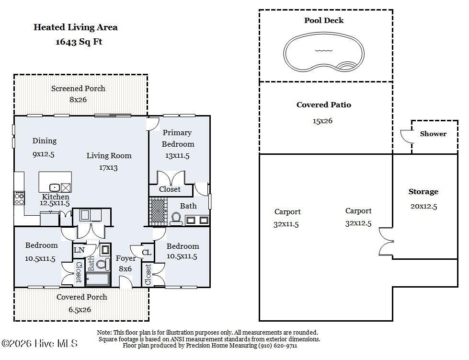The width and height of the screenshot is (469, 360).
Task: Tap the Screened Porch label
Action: [78, 88]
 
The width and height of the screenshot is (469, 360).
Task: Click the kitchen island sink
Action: [55, 187]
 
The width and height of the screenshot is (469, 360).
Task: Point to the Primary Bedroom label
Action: [177, 138]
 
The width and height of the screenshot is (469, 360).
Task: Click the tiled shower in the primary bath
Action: [157, 211]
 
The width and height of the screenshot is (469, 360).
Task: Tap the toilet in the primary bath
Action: [176, 219]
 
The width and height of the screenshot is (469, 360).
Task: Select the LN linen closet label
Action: [79, 250]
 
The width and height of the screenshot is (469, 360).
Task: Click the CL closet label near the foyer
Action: [147, 252]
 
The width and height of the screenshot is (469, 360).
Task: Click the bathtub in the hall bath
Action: [98, 279]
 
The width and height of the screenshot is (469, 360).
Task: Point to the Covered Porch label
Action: [81, 297]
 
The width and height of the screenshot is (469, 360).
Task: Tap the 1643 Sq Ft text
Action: [79, 42]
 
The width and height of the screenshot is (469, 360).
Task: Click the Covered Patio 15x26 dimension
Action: [322, 121]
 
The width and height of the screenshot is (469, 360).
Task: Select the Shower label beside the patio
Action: [433, 134]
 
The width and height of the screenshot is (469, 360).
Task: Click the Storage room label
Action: [423, 192]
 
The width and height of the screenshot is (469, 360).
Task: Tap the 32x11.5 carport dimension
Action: [287, 224]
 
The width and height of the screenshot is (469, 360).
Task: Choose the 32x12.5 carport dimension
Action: [358, 223]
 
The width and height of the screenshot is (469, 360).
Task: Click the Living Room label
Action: [109, 155]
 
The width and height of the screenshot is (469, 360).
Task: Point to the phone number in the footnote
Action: [278, 345]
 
